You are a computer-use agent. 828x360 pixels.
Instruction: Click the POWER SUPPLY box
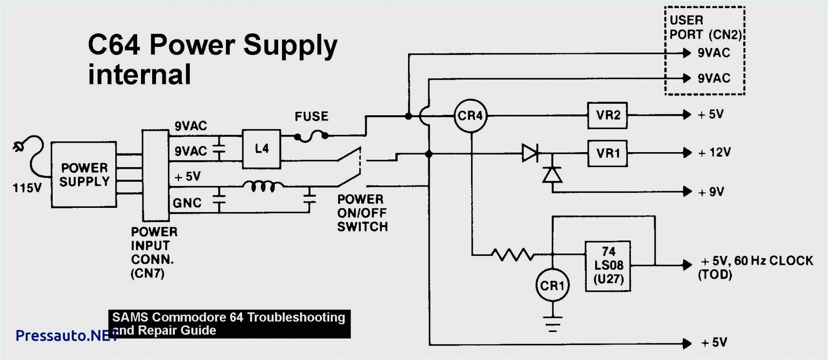[x=84, y=175]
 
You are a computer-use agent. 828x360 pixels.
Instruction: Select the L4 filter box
[x=261, y=149]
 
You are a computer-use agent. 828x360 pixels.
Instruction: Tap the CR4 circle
[x=470, y=115]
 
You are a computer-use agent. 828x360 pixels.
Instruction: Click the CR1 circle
[x=552, y=285]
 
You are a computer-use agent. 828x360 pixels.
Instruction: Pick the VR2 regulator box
[x=607, y=115]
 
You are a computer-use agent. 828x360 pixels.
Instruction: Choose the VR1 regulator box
[x=607, y=153]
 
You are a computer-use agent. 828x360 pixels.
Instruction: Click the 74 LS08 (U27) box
[x=608, y=266]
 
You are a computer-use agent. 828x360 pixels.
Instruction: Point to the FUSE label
[x=312, y=117]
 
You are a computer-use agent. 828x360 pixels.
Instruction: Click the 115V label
[x=27, y=188]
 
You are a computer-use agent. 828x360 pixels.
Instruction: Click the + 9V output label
[x=711, y=192]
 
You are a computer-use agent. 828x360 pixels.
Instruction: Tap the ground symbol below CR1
[x=552, y=323]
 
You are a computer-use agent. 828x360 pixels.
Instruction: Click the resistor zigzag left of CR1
[x=513, y=255]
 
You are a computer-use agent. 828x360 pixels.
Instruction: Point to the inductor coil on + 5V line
[x=263, y=186]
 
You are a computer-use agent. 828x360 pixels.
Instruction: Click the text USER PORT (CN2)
[x=705, y=27]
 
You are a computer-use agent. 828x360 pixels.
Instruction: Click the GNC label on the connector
[x=187, y=203]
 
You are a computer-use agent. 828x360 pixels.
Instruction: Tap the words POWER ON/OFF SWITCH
[x=362, y=213]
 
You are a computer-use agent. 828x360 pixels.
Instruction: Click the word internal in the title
[x=139, y=75]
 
